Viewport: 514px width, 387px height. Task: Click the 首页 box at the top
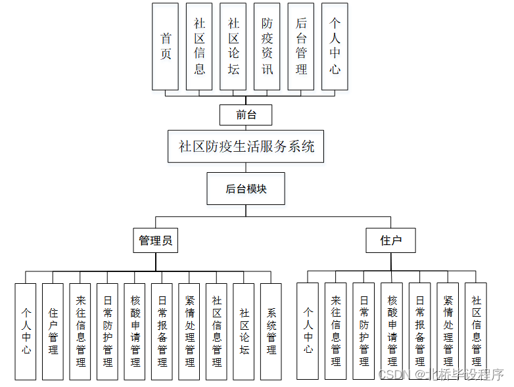165,46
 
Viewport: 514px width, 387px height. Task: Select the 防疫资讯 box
267,46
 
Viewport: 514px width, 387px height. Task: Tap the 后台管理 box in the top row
301,46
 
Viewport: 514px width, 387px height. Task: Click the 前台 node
246,115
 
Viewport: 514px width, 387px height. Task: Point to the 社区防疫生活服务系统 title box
246,146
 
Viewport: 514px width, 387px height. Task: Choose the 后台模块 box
246,189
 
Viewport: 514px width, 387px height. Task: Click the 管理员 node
156,240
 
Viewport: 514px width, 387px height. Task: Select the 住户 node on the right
391,240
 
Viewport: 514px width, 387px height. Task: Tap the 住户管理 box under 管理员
53,331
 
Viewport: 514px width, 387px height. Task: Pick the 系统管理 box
271,331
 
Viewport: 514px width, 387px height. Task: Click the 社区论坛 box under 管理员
244,331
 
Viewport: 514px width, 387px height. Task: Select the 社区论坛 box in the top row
233,46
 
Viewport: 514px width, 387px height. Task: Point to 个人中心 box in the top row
335,46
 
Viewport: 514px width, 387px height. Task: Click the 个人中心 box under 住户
308,331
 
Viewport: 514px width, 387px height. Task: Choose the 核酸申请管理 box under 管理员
135,331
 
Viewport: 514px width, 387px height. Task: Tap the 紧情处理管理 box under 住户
448,331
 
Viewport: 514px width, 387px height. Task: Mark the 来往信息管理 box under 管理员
80,331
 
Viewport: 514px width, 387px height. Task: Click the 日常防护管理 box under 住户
363,331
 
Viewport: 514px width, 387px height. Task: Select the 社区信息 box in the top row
199,46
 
